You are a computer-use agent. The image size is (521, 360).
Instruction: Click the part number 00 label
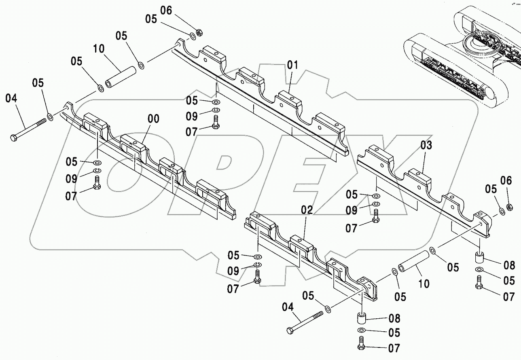pyautogui.click(x=153, y=119)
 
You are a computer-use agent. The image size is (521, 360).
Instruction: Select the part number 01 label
pyautogui.click(x=292, y=65)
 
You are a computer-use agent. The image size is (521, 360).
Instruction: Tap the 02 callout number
pyautogui.click(x=307, y=210)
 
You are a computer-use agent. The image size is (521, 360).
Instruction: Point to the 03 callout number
pyautogui.click(x=426, y=145)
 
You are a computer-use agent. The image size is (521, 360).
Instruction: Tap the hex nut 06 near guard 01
pyautogui.click(x=199, y=32)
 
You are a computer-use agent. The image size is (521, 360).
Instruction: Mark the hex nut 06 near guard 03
pyautogui.click(x=510, y=206)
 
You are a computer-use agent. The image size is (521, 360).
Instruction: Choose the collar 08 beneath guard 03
pyautogui.click(x=479, y=258)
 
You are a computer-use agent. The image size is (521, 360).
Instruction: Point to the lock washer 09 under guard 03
pyautogui.click(x=376, y=203)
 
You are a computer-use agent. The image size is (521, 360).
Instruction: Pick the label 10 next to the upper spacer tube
pyautogui.click(x=99, y=50)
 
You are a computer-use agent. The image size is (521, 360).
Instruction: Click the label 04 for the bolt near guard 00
pyautogui.click(x=11, y=98)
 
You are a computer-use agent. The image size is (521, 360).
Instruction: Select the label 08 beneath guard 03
pyautogui.click(x=509, y=265)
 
